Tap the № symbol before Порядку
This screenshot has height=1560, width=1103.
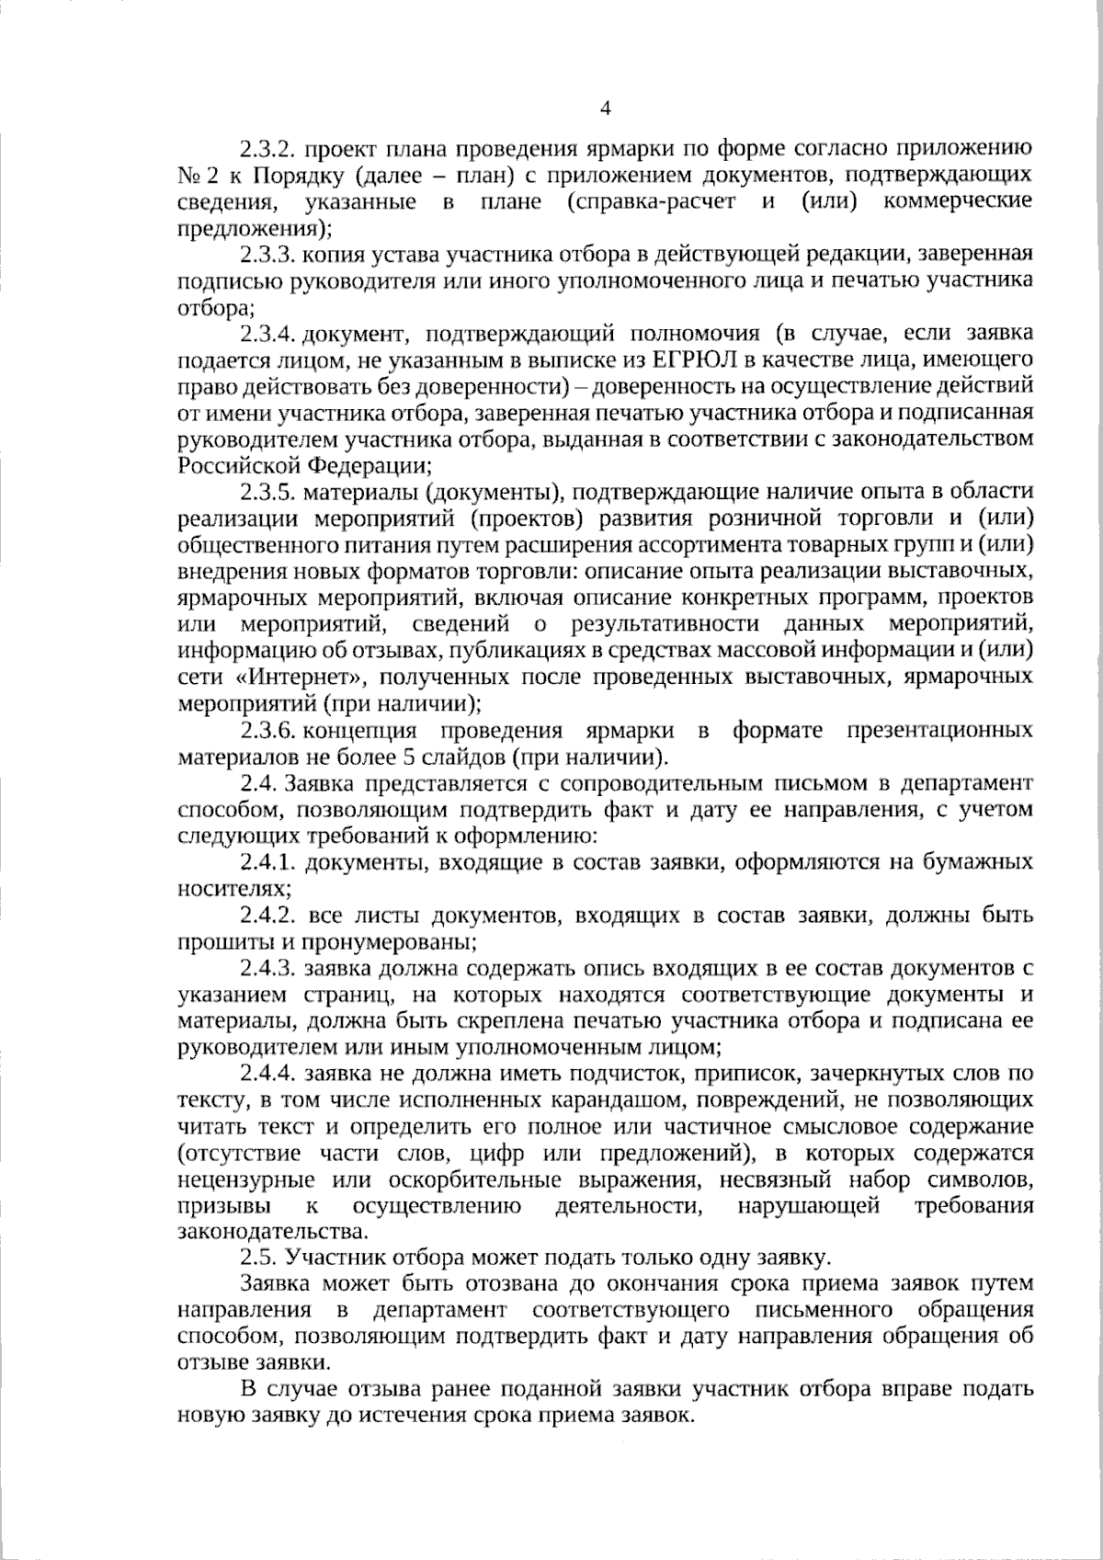pyautogui.click(x=190, y=175)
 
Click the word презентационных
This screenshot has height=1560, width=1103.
pyautogui.click(x=939, y=731)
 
